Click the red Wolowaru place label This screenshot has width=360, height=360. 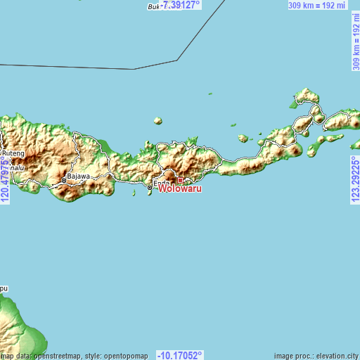181,189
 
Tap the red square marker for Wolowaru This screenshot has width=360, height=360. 180,181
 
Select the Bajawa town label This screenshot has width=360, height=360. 79,176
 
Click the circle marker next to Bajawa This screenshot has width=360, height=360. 63,181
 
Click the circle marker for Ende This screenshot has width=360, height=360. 150,188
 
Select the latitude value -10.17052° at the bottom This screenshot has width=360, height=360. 180,355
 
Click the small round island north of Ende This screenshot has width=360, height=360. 160,121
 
